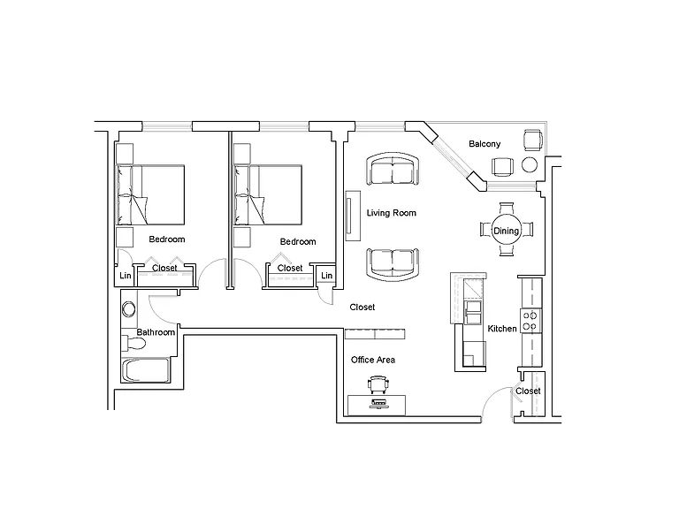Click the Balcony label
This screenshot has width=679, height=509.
(484, 144)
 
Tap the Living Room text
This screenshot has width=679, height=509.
(391, 213)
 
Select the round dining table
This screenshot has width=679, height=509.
(507, 230)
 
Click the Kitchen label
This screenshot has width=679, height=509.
(502, 329)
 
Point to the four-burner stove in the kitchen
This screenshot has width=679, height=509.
(530, 321)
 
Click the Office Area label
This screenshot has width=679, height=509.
(373, 360)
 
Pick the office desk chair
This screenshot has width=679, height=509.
(378, 384)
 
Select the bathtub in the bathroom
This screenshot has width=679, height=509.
(146, 370)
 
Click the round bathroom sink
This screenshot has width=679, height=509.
(128, 309)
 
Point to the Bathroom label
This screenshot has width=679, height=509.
(156, 332)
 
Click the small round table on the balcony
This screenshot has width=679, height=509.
(530, 164)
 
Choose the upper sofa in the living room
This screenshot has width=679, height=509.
(393, 169)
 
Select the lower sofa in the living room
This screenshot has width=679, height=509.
(393, 264)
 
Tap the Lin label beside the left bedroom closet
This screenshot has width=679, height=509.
(126, 276)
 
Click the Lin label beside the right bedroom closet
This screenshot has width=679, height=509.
(327, 276)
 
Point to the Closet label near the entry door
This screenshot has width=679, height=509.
(528, 391)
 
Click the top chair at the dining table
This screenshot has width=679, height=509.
(507, 209)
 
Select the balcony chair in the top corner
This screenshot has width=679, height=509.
(532, 140)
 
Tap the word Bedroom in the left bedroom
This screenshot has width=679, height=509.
(167, 239)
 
